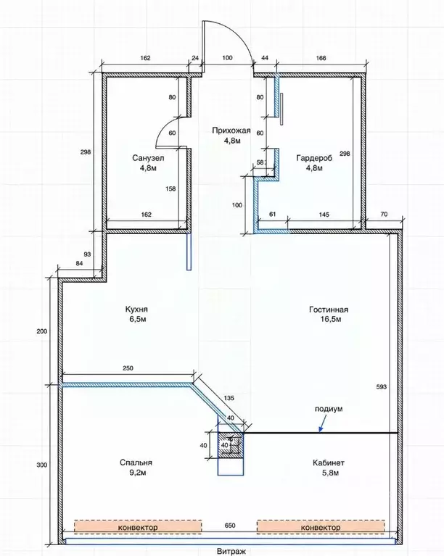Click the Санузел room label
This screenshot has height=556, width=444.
pyautogui.click(x=148, y=158)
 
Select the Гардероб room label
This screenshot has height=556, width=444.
pyautogui.click(x=314, y=158)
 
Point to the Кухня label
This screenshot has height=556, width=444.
pyautogui.click(x=136, y=310)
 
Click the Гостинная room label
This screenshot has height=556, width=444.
pyautogui.click(x=329, y=310)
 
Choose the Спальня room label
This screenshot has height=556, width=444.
pyautogui.click(x=136, y=462)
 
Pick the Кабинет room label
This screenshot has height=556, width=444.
pyautogui.click(x=329, y=462)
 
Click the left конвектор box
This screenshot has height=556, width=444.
pyautogui.click(x=138, y=527)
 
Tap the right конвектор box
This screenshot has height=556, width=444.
pyautogui.click(x=321, y=527)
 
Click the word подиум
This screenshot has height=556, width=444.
pyautogui.click(x=329, y=409)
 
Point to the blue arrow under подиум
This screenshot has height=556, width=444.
pyautogui.click(x=322, y=424)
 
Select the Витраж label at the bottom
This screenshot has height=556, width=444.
pyautogui.click(x=231, y=552)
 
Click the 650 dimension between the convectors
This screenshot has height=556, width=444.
pyautogui.click(x=230, y=526)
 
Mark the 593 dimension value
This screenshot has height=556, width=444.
pyautogui.click(x=381, y=387)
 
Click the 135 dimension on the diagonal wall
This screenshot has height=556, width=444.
pyautogui.click(x=229, y=398)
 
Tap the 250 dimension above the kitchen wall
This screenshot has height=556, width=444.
pyautogui.click(x=128, y=368)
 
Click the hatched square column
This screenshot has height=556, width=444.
pyautogui.click(x=230, y=444)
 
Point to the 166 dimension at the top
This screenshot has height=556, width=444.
pyautogui.click(x=321, y=58)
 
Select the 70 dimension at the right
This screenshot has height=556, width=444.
pyautogui.click(x=384, y=214)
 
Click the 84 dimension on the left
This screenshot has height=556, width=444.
pyautogui.click(x=79, y=263)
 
